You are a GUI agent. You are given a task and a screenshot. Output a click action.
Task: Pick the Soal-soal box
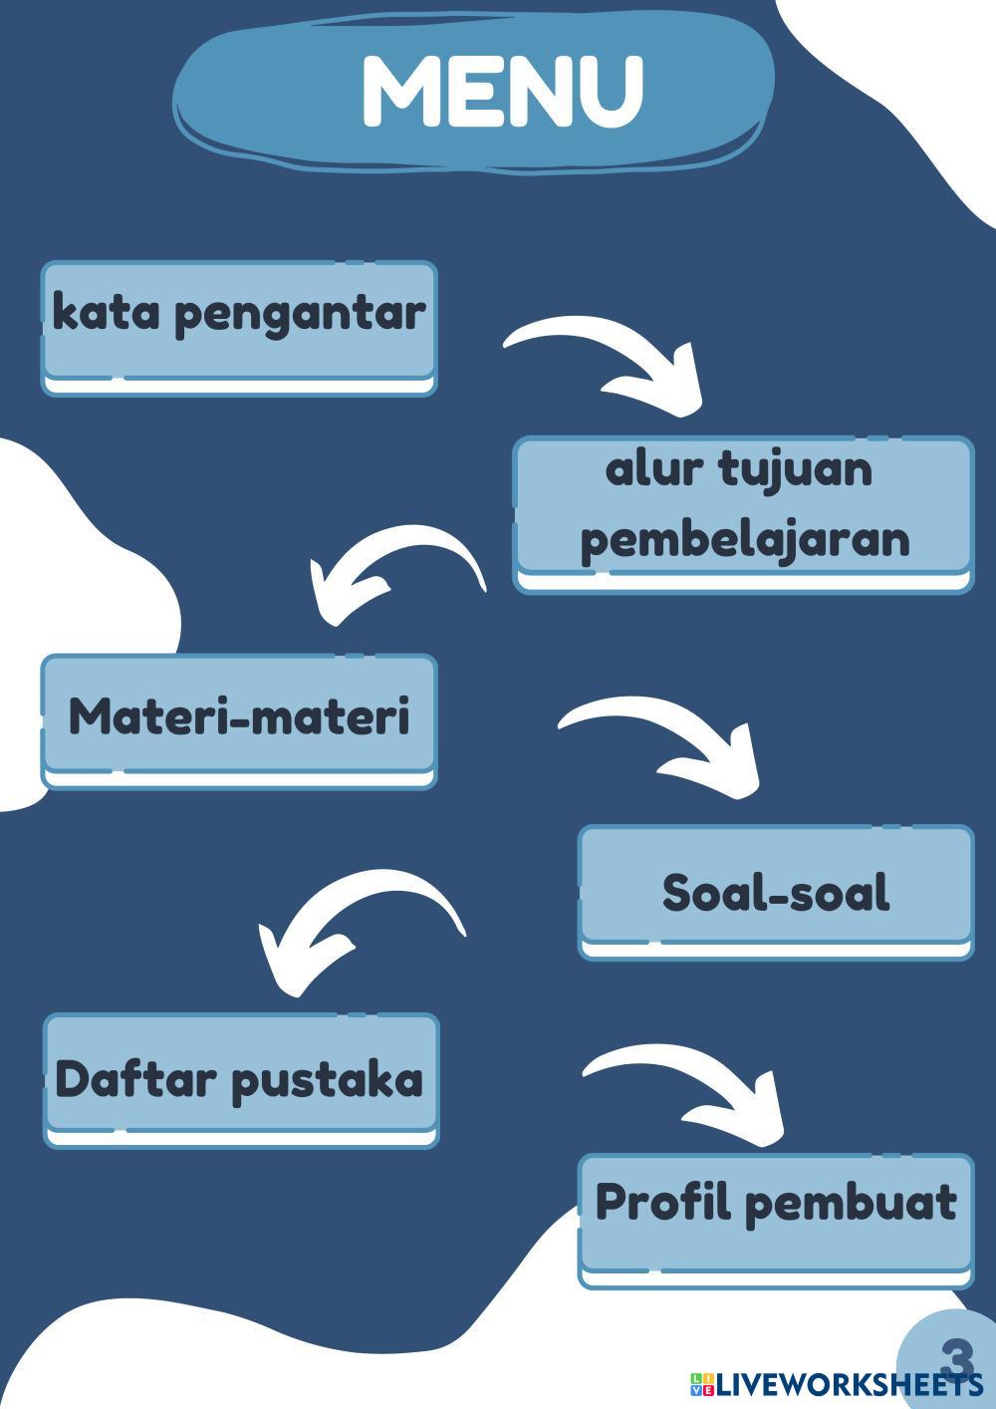(x=776, y=890)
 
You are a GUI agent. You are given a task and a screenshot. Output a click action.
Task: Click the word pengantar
(x=300, y=315)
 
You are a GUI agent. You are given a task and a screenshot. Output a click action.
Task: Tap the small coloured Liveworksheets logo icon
(x=701, y=1384)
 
